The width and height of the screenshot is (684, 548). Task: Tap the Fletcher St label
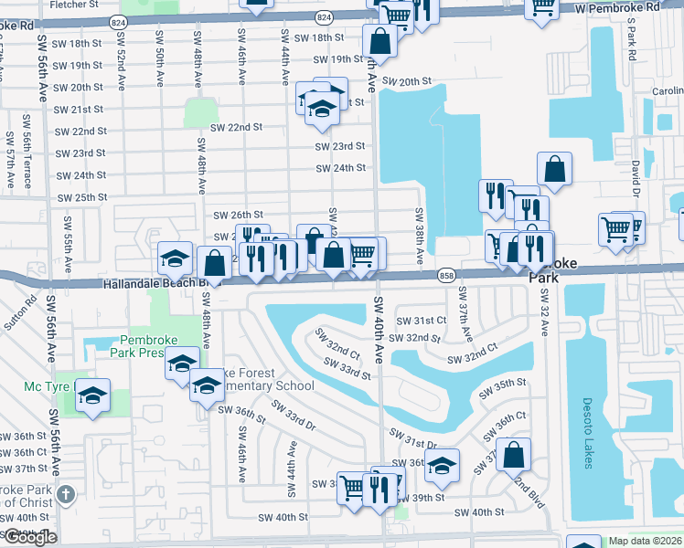[75, 5]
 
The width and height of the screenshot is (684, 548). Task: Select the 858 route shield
[446, 274]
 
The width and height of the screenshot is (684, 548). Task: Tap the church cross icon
[65, 495]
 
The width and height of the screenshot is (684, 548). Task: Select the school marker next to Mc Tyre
[92, 395]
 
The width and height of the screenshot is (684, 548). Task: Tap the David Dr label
[634, 176]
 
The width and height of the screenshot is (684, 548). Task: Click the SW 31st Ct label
[421, 320]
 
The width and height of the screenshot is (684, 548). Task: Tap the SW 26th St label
[238, 215]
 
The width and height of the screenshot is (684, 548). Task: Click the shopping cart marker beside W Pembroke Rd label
[542, 7]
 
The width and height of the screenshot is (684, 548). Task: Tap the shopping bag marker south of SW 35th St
[515, 453]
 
